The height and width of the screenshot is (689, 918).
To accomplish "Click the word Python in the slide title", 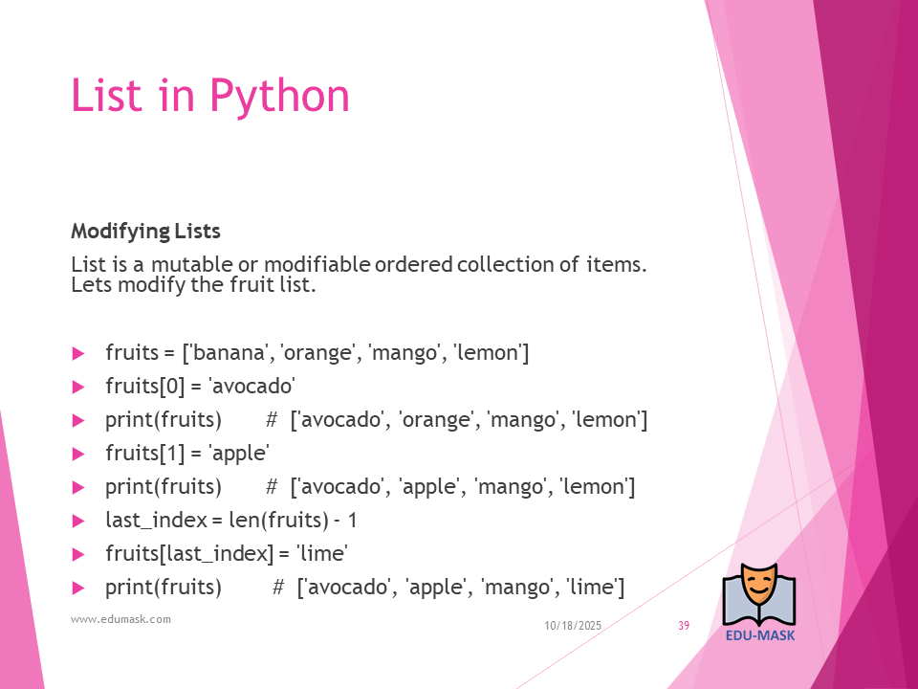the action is [x=280, y=97].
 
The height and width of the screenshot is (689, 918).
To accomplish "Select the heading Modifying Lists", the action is [x=145, y=232].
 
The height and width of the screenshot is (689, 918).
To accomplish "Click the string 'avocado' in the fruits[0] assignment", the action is [x=251, y=386].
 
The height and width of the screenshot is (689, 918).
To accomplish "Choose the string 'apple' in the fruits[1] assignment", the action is [x=239, y=454].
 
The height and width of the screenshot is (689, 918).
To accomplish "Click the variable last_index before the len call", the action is [x=156, y=521].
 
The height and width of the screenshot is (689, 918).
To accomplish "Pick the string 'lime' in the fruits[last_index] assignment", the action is [x=322, y=554].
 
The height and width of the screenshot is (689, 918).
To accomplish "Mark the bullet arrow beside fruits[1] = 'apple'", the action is [x=78, y=454].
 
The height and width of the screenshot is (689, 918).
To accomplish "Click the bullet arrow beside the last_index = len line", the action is [x=78, y=521].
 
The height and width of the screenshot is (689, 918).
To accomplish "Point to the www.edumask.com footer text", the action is [x=120, y=619].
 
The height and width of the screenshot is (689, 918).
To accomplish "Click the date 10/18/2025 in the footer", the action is [x=573, y=626].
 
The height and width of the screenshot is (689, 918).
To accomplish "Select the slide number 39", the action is [x=684, y=626].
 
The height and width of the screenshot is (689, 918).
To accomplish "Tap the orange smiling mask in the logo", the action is [x=758, y=586].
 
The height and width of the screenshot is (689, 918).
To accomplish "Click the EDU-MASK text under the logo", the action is [x=760, y=635].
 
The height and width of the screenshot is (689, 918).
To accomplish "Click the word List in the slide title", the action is [x=106, y=96].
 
